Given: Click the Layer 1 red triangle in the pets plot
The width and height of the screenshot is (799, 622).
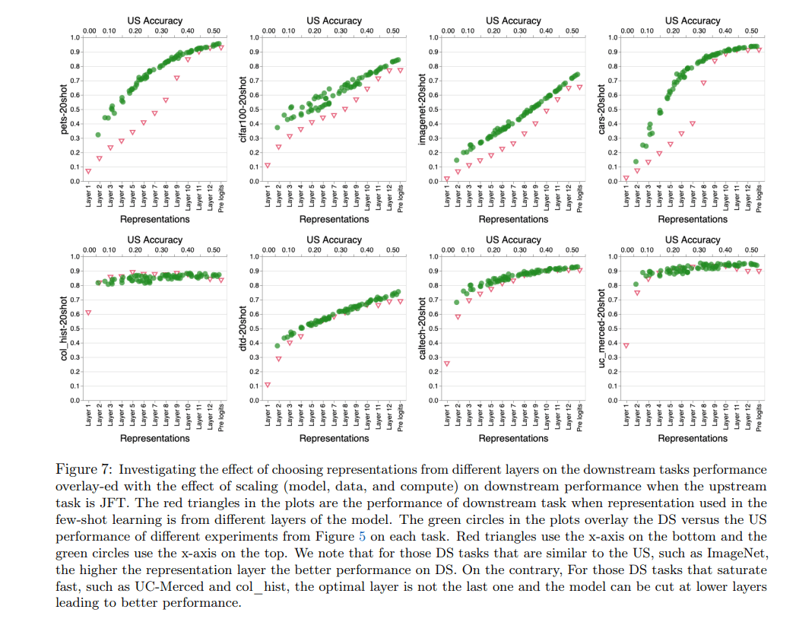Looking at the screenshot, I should tap(88, 171).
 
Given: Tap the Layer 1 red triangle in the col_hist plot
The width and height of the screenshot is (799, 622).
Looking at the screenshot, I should tap(88, 313).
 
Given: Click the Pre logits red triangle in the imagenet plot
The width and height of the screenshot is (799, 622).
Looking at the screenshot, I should tap(579, 87).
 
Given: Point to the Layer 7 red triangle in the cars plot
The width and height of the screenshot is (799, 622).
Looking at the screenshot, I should tap(693, 123).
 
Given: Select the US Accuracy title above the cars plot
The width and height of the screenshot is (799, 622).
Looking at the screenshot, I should tap(691, 21).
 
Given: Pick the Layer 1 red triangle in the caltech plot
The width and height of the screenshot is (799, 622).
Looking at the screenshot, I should tap(447, 363).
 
